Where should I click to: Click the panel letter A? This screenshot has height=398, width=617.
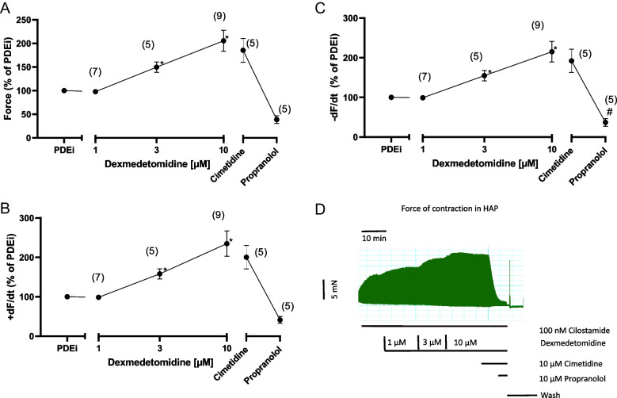pos(9,10)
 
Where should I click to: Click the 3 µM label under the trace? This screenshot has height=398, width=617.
pos(430,342)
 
